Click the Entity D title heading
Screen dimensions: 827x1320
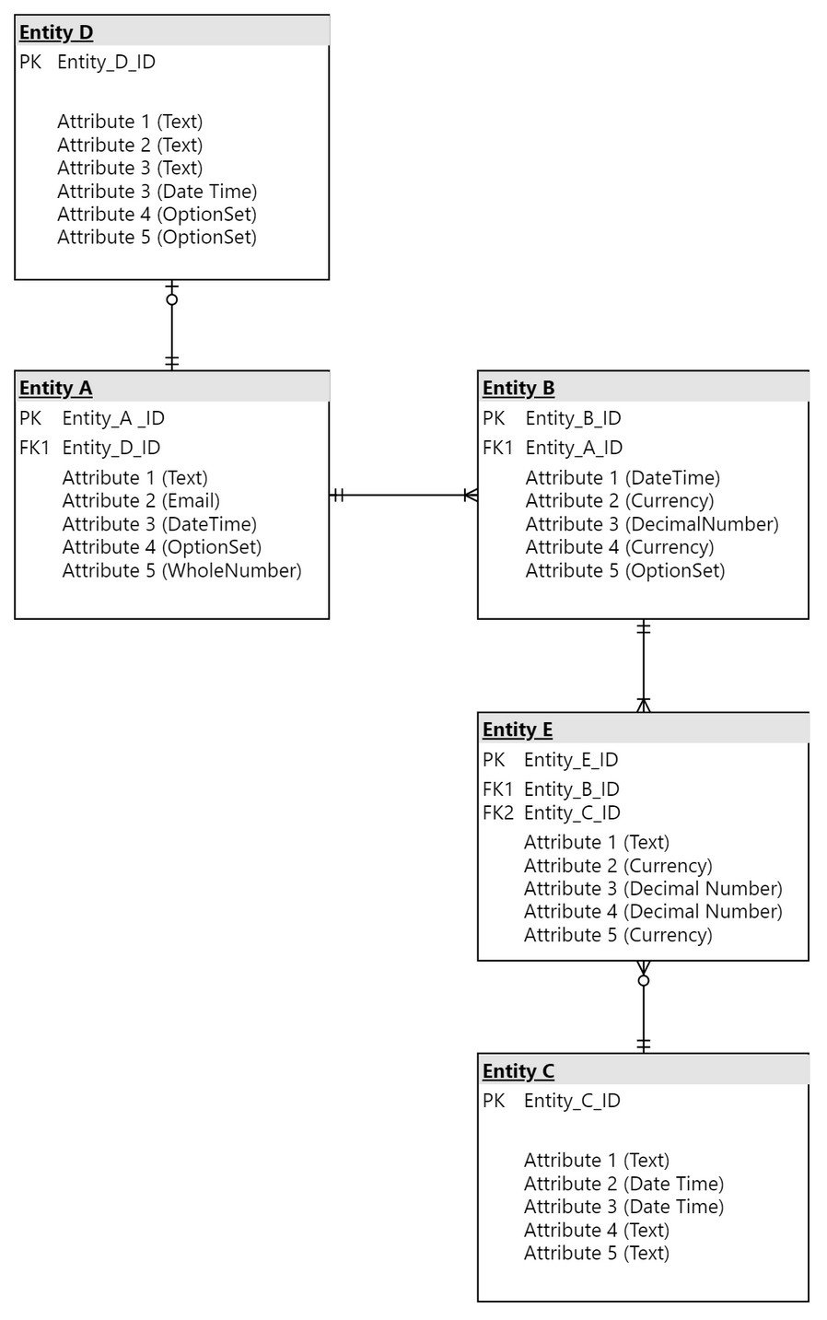tap(56, 32)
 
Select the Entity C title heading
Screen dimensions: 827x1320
tap(518, 1070)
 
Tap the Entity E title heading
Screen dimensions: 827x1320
tap(518, 730)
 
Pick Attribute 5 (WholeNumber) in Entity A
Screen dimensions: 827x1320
tap(182, 570)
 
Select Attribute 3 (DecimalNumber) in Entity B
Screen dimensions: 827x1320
tap(652, 524)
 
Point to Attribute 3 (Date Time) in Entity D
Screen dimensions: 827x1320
tap(157, 191)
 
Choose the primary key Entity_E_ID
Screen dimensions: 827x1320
tap(571, 760)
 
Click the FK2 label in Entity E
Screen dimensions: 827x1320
tap(497, 812)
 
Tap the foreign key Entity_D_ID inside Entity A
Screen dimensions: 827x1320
tap(111, 448)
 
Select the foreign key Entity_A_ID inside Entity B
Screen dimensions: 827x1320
tap(574, 448)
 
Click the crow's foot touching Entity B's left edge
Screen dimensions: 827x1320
tap(471, 495)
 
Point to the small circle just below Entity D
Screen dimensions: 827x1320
tap(172, 300)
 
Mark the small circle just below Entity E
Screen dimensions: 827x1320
tap(644, 981)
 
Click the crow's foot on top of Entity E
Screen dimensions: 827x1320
tap(644, 705)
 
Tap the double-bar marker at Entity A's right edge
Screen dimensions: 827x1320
tap(337, 495)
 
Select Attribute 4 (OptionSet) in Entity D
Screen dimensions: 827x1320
tap(157, 214)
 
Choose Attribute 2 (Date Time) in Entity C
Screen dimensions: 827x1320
tap(623, 1184)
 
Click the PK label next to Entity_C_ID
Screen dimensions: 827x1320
tap(494, 1100)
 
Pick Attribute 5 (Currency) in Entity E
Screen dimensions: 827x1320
tap(618, 935)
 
